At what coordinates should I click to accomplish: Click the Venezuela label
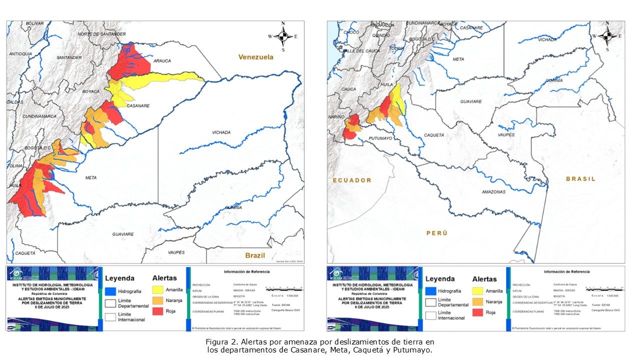tap(255, 57)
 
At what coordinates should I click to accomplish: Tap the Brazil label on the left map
tap(255, 255)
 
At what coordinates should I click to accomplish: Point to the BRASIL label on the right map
tap(580, 179)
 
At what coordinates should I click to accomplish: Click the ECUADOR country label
tap(352, 180)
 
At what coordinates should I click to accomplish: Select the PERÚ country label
tap(436, 233)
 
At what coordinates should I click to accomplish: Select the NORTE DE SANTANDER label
tap(101, 34)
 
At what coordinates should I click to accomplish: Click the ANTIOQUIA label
tap(20, 53)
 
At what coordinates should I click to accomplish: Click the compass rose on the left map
tap(283, 36)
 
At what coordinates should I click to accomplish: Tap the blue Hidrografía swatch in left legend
tap(110, 290)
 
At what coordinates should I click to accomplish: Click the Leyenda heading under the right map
tap(439, 279)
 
